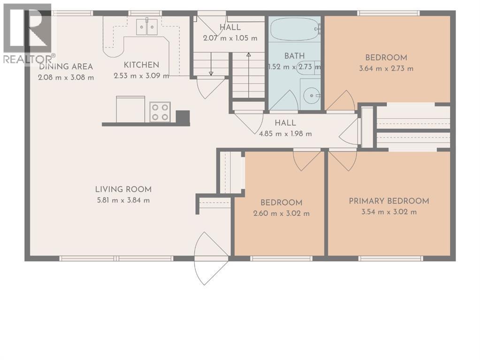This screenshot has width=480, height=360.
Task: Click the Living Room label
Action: point(123,189)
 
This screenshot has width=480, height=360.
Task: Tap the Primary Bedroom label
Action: point(389,201)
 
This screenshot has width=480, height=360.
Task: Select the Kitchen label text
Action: point(141,65)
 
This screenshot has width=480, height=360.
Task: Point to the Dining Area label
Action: point(66,67)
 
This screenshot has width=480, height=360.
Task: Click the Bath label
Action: point(295,56)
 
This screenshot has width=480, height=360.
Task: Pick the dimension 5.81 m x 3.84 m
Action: point(123,201)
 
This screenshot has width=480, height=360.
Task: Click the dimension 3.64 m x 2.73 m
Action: point(386,68)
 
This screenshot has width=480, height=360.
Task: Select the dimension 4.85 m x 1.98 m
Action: point(285,134)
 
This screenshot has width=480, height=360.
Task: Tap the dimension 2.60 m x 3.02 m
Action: point(282,213)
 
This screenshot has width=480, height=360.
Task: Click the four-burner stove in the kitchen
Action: point(160,112)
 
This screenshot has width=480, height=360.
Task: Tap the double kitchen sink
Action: point(147,27)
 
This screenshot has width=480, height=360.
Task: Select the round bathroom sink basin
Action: point(312,96)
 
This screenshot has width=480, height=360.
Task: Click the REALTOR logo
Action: point(28,34)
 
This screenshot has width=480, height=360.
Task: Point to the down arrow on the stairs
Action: point(211,64)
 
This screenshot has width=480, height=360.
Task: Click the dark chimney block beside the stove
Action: point(183,118)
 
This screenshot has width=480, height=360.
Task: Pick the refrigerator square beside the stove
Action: point(130,109)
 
